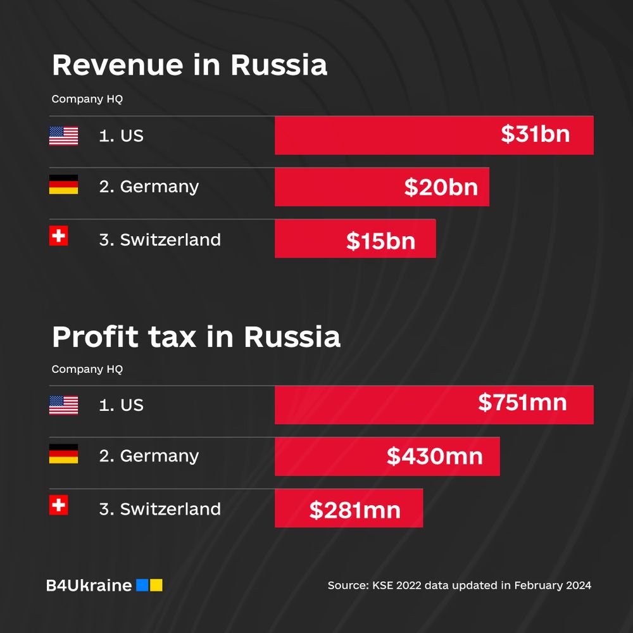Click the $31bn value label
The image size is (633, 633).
tap(535, 134)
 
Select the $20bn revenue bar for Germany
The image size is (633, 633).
tap(382, 187)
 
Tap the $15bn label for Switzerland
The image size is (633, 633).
tap(380, 241)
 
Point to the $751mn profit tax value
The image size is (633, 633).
tap(522, 403)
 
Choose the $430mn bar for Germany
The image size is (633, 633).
tap(387, 456)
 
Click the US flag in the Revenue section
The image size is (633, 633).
tap(63, 135)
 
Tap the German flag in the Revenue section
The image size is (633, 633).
tap(63, 184)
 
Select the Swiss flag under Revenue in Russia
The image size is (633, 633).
tap(58, 236)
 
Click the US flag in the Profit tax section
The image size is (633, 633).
tap(63, 405)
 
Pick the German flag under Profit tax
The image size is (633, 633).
tap(63, 454)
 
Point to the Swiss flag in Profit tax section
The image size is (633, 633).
tap(58, 505)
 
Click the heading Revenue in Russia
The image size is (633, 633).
tap(189, 65)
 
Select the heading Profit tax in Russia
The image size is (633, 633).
tap(196, 337)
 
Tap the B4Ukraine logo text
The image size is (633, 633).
tap(89, 586)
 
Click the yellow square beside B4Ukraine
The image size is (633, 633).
tap(156, 586)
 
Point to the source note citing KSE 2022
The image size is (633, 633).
tap(459, 586)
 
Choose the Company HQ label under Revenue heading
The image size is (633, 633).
tap(87, 99)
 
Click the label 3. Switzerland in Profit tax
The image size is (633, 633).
tap(160, 509)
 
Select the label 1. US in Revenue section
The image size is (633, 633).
tap(121, 135)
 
